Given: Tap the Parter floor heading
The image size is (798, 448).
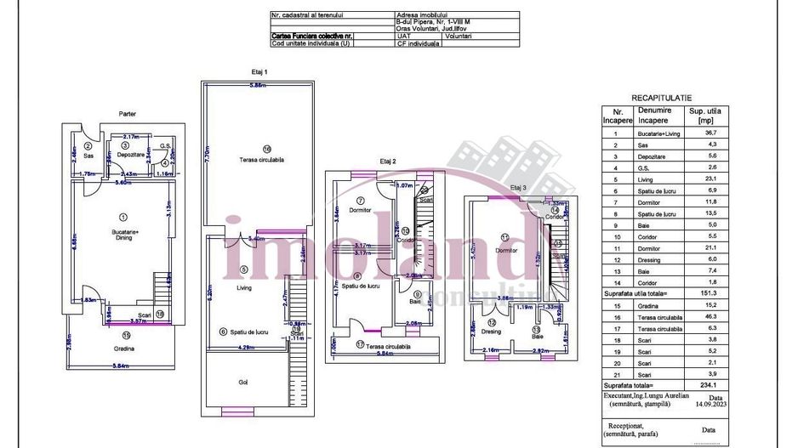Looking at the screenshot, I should coord(128,113).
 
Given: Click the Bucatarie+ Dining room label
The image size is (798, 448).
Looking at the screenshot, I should coord(125,235).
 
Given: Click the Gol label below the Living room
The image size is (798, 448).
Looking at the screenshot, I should coord(243,383).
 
